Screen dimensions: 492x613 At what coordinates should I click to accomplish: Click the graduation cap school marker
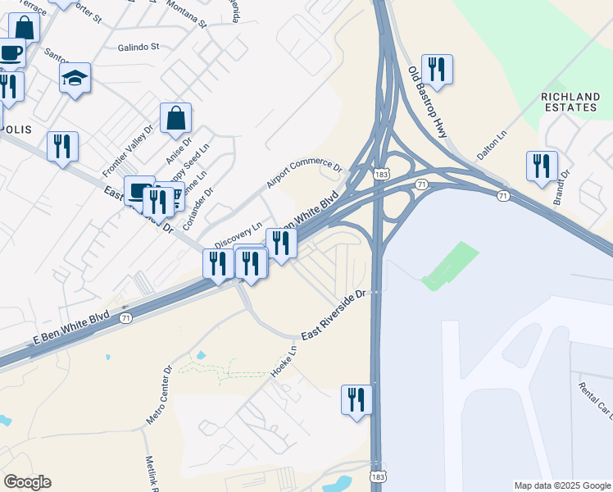[75, 78]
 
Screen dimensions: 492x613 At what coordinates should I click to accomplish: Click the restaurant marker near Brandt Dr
[542, 166]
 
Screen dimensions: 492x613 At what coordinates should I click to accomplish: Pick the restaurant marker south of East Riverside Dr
[356, 400]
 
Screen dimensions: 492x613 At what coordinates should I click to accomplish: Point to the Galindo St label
[138, 48]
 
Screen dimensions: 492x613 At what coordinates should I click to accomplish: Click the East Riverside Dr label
[331, 315]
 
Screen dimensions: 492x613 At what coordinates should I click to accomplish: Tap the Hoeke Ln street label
[283, 362]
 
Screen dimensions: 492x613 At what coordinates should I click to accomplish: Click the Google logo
[27, 482]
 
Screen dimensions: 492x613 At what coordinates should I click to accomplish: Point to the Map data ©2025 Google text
[561, 485]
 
